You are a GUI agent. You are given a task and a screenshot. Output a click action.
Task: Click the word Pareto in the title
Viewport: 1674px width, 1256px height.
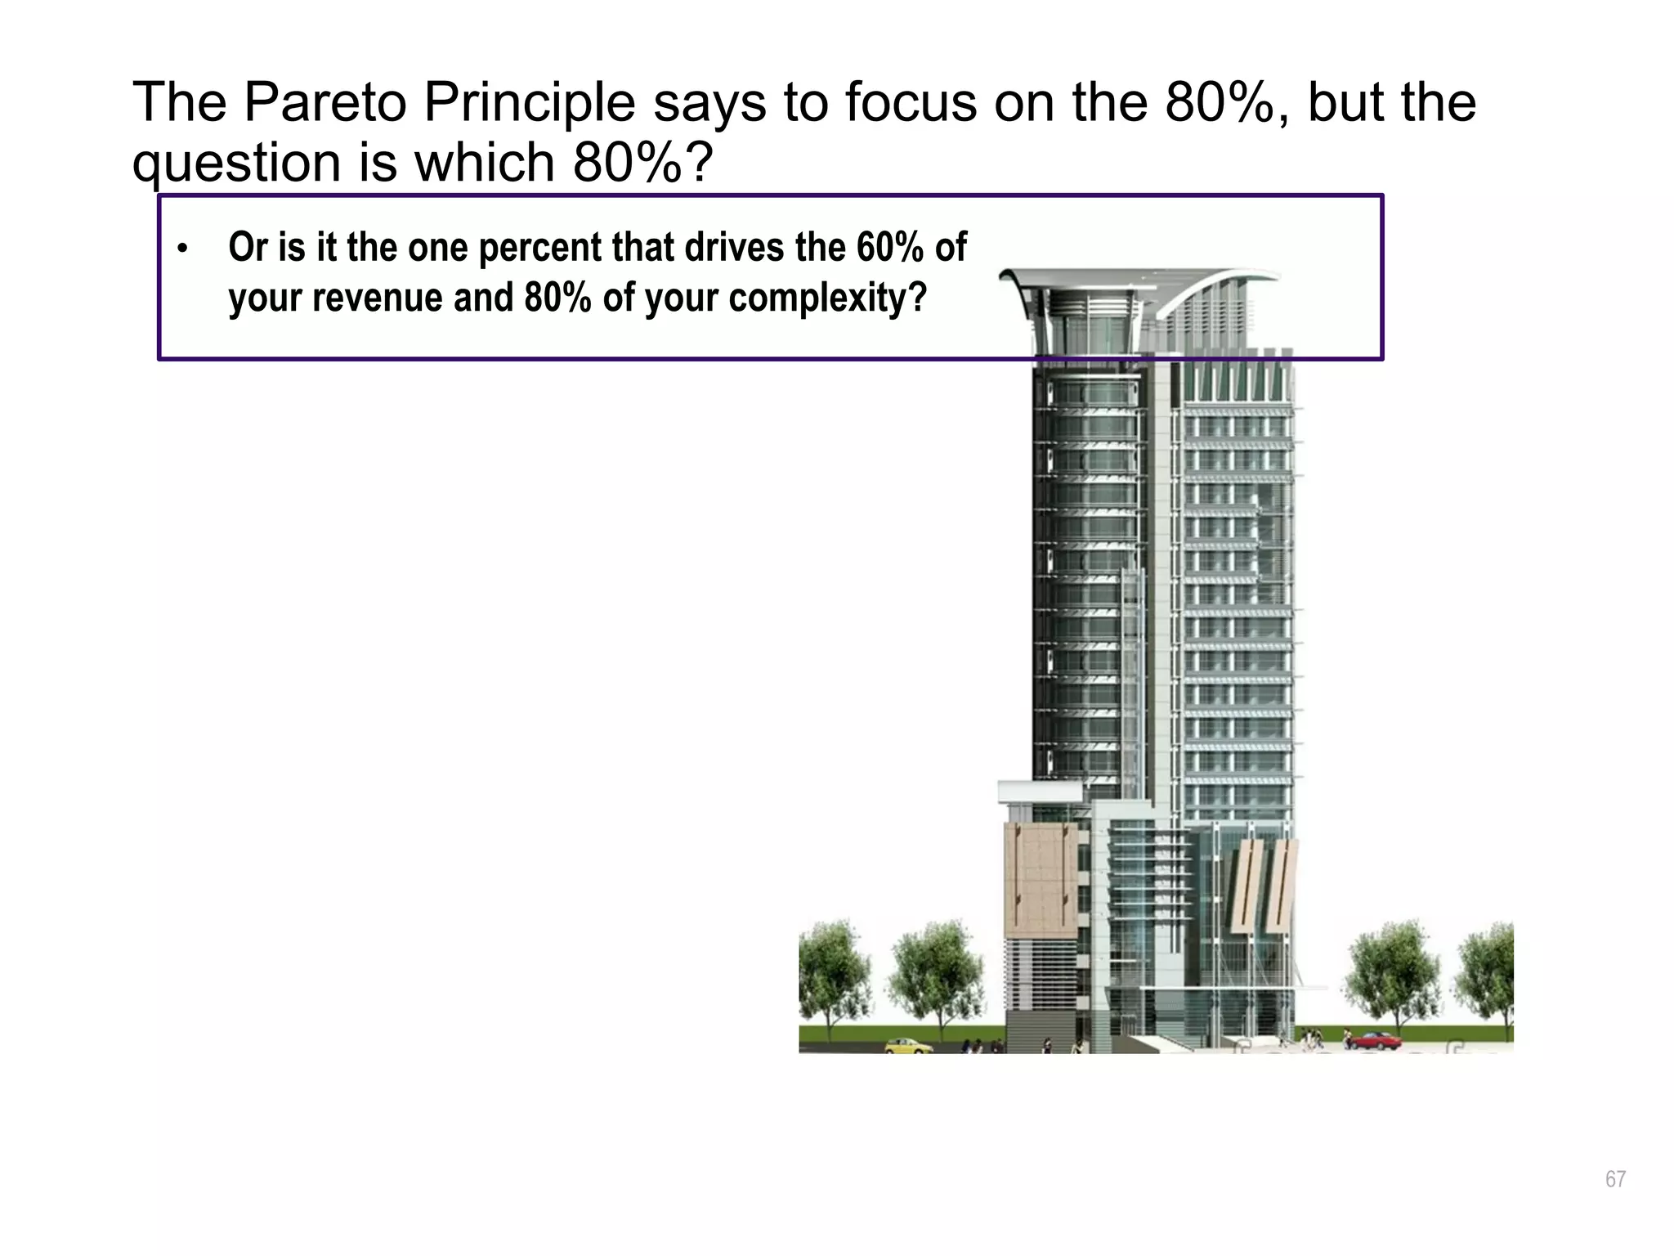[325, 104]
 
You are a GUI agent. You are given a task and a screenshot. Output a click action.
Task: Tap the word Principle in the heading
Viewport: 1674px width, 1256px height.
[529, 104]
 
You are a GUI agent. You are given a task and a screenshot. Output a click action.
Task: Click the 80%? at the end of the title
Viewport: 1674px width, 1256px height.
[642, 163]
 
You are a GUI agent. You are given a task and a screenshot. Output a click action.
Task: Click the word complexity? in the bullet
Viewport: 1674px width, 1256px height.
[827, 298]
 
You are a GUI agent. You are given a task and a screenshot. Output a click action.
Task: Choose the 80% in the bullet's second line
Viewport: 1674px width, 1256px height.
[557, 298]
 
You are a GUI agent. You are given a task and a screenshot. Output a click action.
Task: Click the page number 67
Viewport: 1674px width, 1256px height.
[1615, 1179]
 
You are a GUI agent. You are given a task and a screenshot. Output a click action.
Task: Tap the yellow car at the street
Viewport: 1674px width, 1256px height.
[907, 1046]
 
